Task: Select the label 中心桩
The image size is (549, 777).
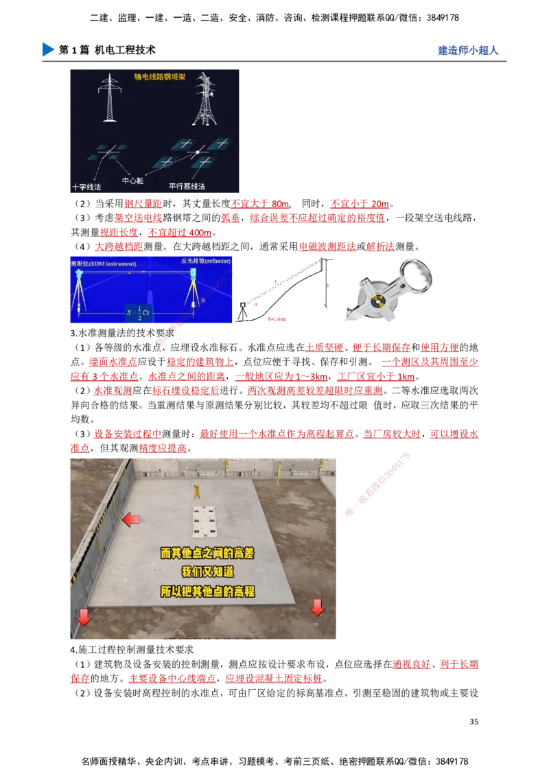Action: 132,181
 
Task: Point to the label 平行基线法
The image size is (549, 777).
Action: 187,187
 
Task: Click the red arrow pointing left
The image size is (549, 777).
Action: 130,521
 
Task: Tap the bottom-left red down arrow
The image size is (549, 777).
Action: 84,617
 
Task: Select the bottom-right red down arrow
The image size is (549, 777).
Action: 317,607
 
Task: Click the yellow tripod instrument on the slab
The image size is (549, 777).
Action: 195,490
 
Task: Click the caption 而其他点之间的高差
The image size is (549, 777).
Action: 207,553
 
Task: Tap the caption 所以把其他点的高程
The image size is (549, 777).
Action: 207,591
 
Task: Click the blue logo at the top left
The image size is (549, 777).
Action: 47,49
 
